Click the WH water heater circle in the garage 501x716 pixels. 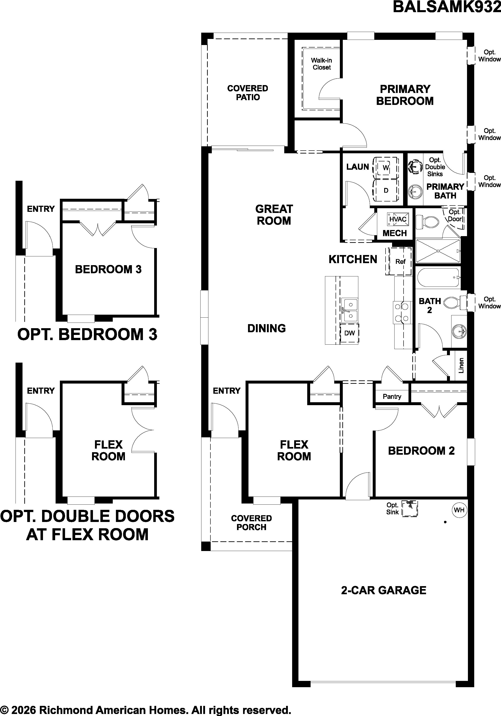point(459,510)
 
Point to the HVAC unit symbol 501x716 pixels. point(397,219)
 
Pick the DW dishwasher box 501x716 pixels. point(350,333)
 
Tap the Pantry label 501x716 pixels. point(392,396)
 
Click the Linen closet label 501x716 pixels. point(461,365)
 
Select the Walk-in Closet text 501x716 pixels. point(321,64)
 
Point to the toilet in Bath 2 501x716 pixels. point(455,302)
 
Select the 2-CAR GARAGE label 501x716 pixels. point(384,590)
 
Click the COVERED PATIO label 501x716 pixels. point(248,93)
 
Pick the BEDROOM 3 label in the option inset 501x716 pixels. point(108,269)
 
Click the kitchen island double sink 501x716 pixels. point(350,310)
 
